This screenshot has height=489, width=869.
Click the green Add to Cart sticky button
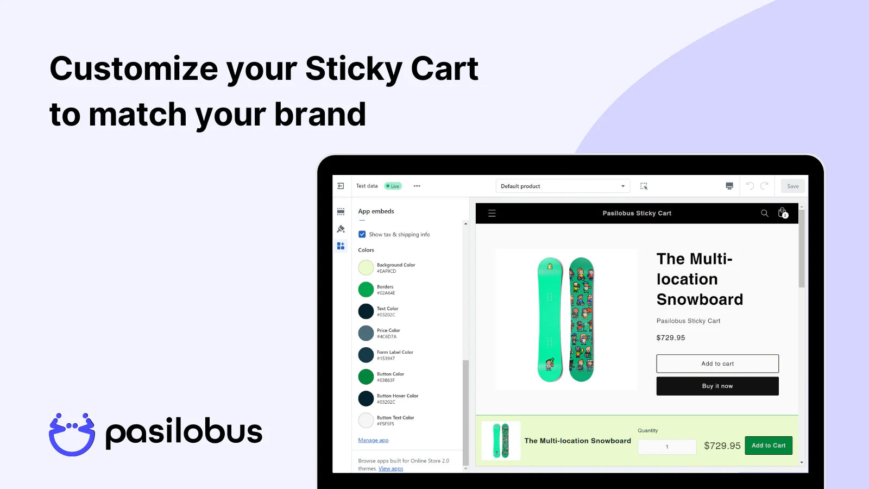[769, 446]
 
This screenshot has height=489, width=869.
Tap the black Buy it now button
[717, 386]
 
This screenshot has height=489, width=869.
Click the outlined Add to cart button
[717, 363]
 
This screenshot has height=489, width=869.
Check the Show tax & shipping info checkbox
[362, 234]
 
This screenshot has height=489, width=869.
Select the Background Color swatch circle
[366, 267]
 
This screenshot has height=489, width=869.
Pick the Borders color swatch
[366, 290]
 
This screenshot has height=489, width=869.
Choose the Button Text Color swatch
[366, 420]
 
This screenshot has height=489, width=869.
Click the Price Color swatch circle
[366, 333]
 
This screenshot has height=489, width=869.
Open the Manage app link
[373, 440]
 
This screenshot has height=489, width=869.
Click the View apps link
[391, 468]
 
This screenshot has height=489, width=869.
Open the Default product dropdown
[562, 186]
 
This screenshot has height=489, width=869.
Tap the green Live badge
[393, 186]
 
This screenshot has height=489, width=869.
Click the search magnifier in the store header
[764, 213]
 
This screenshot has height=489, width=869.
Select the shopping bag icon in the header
[783, 213]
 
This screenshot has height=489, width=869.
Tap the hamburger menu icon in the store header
[492, 213]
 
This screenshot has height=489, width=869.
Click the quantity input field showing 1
[667, 447]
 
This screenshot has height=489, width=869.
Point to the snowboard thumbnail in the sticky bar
[501, 441]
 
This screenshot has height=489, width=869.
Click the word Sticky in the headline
[353, 69]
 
